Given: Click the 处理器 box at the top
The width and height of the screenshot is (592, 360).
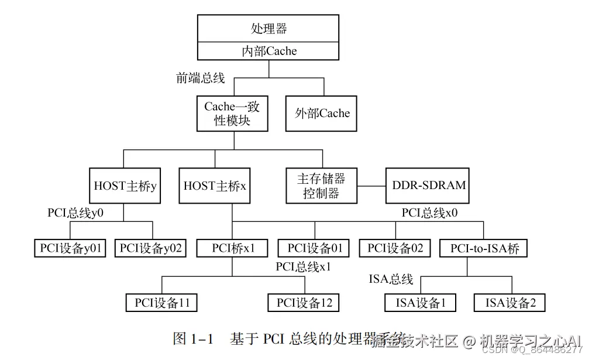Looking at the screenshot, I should (269, 29).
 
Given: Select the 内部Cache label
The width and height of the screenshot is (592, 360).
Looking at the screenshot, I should (269, 51).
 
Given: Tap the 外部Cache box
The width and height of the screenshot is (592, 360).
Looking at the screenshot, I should (321, 113).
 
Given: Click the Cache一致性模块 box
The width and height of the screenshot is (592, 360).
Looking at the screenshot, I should (232, 113).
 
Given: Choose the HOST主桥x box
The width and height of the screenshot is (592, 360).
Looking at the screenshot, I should (215, 186).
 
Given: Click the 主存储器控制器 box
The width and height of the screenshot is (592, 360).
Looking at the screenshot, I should (321, 186).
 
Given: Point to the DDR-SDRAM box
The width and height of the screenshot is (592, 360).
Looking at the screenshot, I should (429, 186).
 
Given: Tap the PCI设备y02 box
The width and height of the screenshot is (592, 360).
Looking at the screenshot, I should (151, 248).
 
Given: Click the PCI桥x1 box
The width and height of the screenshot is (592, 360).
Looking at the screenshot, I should (232, 248).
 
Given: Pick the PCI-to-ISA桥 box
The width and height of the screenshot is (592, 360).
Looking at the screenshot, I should (484, 248).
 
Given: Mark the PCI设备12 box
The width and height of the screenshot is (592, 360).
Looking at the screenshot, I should (304, 302).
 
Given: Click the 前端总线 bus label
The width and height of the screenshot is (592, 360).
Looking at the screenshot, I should (201, 78).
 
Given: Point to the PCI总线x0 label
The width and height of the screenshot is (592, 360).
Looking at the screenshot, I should (429, 212).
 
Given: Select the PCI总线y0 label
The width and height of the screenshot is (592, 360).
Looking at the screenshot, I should (75, 212).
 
